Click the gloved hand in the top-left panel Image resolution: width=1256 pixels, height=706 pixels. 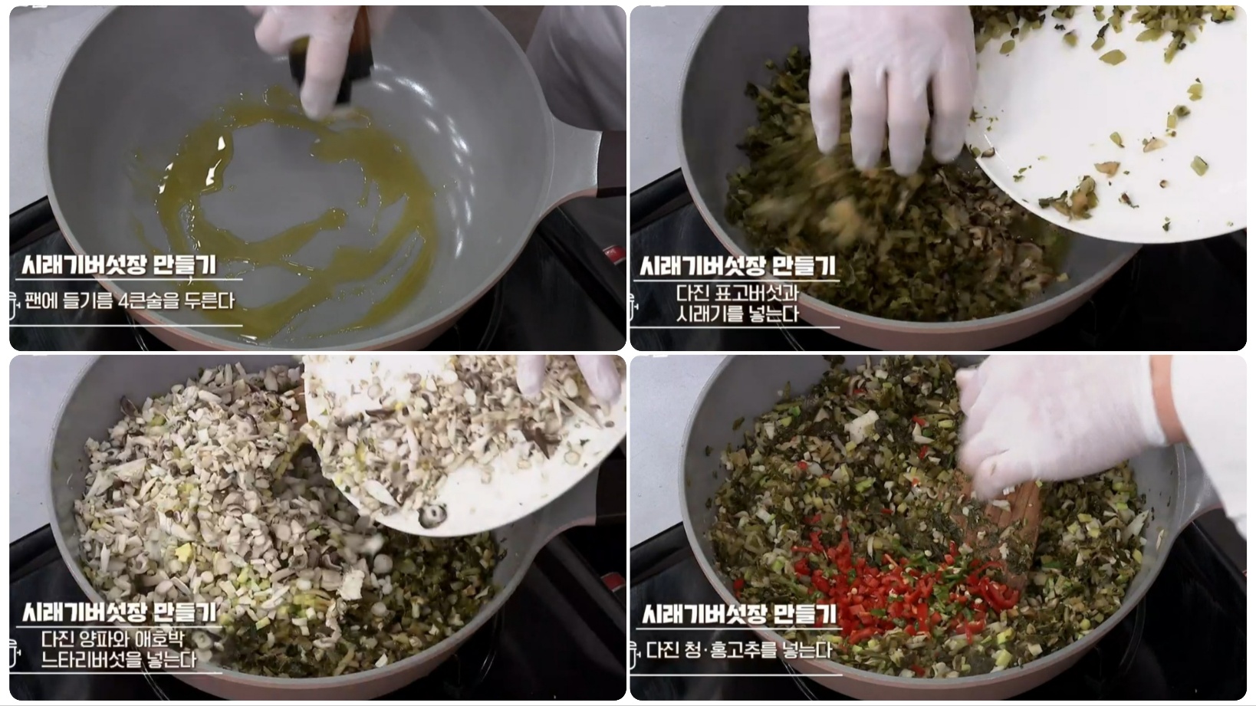point(322,56)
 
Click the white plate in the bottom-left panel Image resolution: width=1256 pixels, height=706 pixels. point(465,443)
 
